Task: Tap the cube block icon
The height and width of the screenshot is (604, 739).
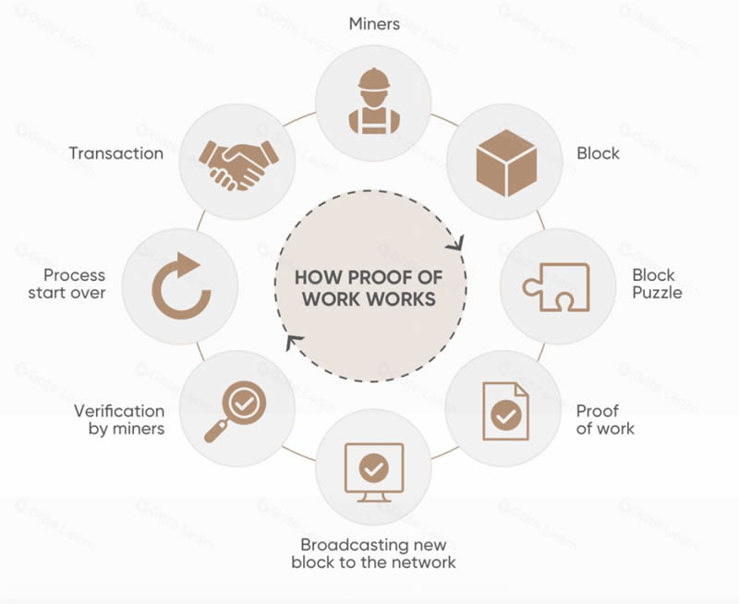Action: coord(505,153)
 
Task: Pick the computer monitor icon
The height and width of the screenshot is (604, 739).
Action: coord(373,472)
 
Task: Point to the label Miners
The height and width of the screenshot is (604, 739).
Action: coord(374,24)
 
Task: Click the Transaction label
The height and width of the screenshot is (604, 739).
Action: coord(116,153)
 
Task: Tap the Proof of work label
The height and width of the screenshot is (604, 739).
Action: coord(605,419)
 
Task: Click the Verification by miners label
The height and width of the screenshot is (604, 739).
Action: coord(119,419)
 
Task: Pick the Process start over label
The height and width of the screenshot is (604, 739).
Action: coord(74,284)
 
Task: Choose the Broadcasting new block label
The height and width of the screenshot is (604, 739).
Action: coord(373,552)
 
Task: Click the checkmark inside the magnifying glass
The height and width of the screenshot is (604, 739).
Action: coord(244,403)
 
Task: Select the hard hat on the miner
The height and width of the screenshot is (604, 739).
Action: coord(373,78)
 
